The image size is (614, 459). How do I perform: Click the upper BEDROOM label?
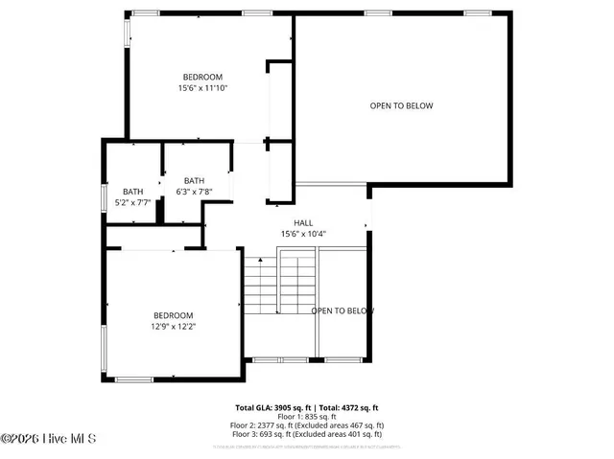click(202, 77)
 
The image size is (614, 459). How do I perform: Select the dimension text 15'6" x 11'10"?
click(202, 88)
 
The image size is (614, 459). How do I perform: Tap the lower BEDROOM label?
click(174, 315)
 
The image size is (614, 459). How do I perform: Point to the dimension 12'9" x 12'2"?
click(174, 327)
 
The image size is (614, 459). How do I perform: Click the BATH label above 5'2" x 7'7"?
click(132, 191)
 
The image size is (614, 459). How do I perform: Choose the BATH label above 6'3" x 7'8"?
click(194, 180)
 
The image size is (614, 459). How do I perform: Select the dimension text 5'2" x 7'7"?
click(132, 202)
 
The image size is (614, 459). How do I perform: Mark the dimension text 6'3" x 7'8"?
click(194, 192)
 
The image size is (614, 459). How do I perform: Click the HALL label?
click(303, 222)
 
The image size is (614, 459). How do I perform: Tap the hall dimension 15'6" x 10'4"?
click(303, 234)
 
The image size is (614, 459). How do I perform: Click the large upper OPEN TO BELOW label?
click(401, 105)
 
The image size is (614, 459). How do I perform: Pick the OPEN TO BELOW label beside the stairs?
click(342, 310)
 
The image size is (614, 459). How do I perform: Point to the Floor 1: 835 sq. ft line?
click(307, 416)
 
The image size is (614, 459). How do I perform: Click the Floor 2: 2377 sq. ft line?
click(307, 425)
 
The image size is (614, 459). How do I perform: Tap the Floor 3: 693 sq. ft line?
click(307, 433)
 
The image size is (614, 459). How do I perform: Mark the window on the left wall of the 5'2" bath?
click(105, 195)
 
